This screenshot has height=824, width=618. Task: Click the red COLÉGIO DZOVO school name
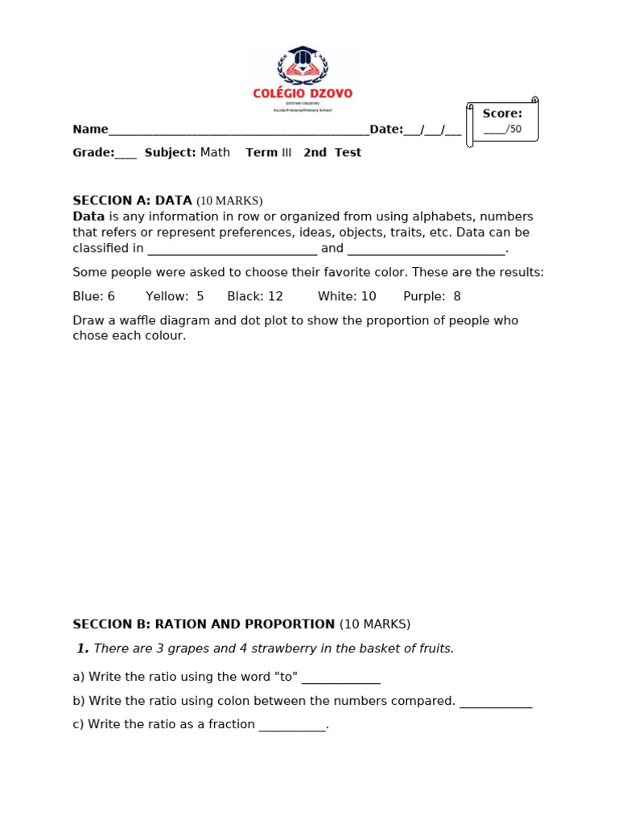303,93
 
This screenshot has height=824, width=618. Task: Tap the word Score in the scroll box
502,113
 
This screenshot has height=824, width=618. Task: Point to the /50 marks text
513,129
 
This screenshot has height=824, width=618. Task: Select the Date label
385,130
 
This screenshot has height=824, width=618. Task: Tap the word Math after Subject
215,152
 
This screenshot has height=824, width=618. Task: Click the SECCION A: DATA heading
132,200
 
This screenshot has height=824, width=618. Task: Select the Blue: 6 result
93,296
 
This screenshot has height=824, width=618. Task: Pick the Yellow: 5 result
175,296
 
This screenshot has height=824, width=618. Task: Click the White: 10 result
347,296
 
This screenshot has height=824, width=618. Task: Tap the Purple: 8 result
432,296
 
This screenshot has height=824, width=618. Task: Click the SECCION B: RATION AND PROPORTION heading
204,624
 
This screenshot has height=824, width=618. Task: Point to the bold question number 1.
82,649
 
